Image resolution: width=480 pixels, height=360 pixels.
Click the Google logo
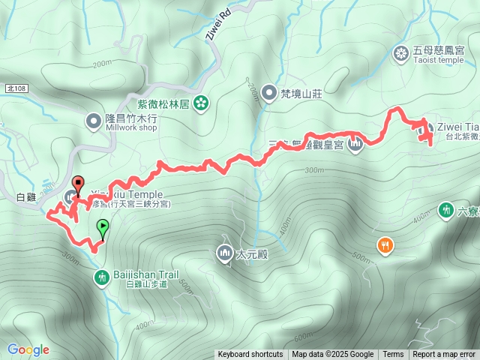tap(28, 349)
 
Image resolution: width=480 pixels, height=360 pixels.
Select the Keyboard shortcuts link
tap(250, 355)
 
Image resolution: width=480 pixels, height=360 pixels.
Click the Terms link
tap(393, 355)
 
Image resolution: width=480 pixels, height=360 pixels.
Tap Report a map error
tap(444, 355)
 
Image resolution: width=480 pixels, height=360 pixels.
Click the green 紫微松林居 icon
tap(201, 103)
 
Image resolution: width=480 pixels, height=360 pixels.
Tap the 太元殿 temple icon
tap(224, 253)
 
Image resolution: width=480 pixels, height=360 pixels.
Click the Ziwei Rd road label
tap(215, 28)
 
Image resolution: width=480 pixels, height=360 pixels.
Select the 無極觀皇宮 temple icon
tap(356, 144)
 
